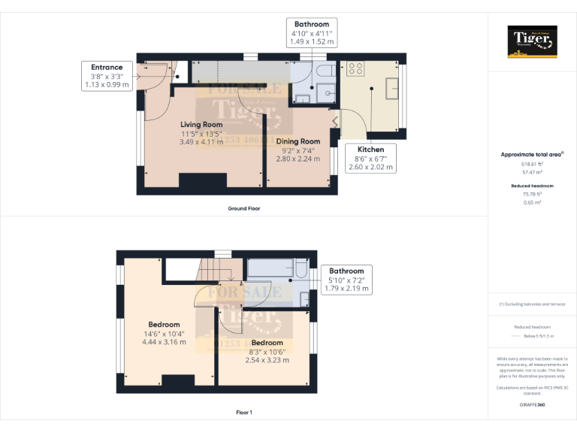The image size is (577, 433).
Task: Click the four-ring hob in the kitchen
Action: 355,68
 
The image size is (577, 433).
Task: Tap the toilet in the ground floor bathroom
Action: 324,71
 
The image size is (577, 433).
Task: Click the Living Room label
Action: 201,124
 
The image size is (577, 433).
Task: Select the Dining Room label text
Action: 298,141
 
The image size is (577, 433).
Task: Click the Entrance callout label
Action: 107,68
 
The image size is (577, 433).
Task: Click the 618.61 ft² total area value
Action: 532,164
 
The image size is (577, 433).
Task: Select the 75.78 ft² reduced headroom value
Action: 532,194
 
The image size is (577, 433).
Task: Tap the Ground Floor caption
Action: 243,208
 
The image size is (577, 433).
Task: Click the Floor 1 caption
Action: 243,413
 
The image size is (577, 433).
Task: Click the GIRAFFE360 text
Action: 532,404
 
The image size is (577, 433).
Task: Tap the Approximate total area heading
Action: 532,154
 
